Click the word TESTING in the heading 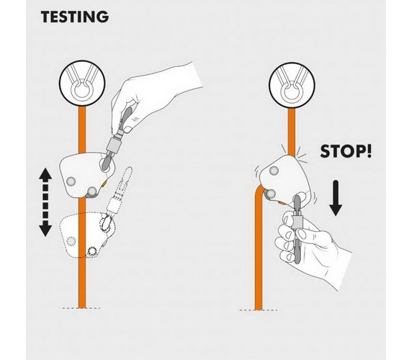(x=75, y=17)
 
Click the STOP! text (x=346, y=151)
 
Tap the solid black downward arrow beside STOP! (x=336, y=198)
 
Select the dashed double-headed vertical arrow (x=45, y=202)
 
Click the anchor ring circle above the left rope (x=82, y=84)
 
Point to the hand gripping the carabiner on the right (x=310, y=247)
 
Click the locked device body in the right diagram (x=287, y=179)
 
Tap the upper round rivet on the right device (x=274, y=171)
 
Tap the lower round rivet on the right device (x=270, y=194)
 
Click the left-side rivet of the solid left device (x=71, y=181)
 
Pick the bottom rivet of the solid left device (x=91, y=192)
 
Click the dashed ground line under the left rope (x=81, y=308)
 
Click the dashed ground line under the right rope (x=259, y=310)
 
